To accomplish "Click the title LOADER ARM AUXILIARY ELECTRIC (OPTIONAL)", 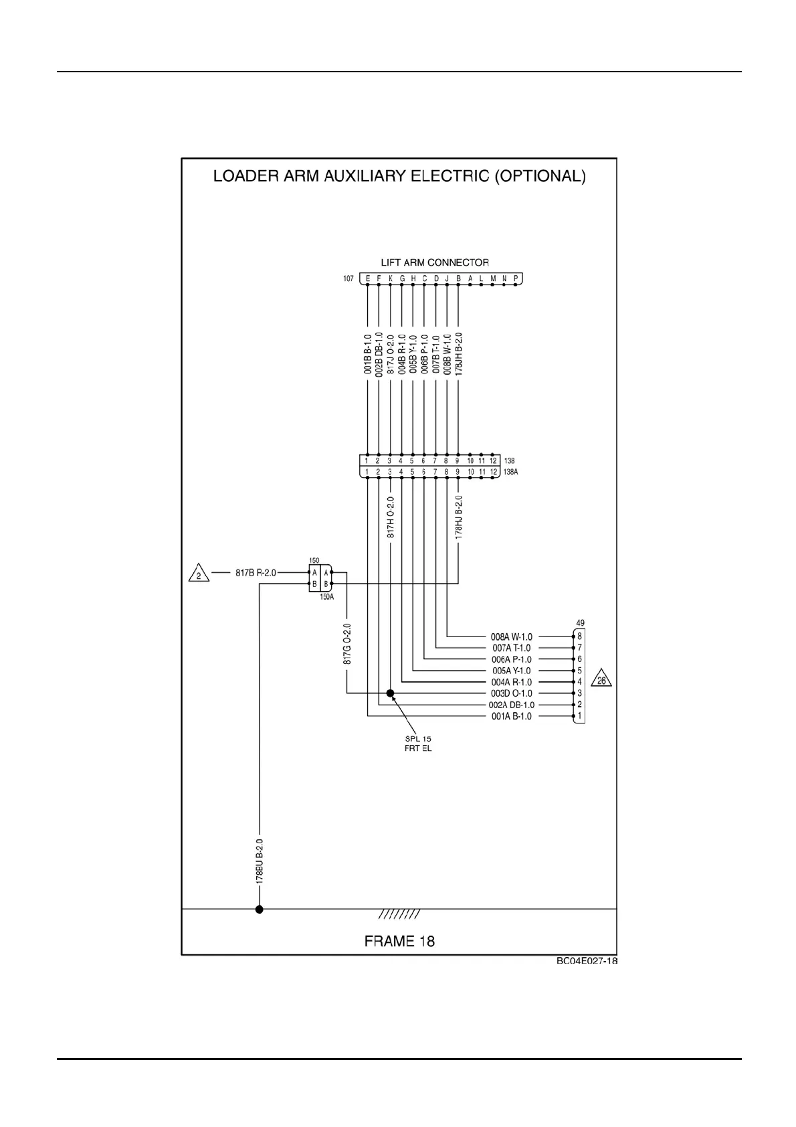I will (399, 177).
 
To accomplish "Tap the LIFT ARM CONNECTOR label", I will (435, 262).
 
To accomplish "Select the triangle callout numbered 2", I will (199, 574).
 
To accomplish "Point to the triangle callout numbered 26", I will (603, 680).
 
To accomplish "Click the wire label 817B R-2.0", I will (255, 573).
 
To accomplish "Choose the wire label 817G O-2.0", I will (346, 644).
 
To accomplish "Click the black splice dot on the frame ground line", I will (260, 909).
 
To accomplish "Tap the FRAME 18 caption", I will (399, 941).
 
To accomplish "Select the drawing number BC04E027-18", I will (587, 961).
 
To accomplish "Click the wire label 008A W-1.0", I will (512, 636).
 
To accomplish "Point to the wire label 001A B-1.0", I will (512, 717).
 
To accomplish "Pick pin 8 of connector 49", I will (579, 636).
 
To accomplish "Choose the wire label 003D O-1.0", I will (512, 693).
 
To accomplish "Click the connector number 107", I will (349, 278).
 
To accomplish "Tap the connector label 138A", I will (511, 472).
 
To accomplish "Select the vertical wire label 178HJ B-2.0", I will (458, 517).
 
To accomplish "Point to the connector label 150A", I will (326, 596).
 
